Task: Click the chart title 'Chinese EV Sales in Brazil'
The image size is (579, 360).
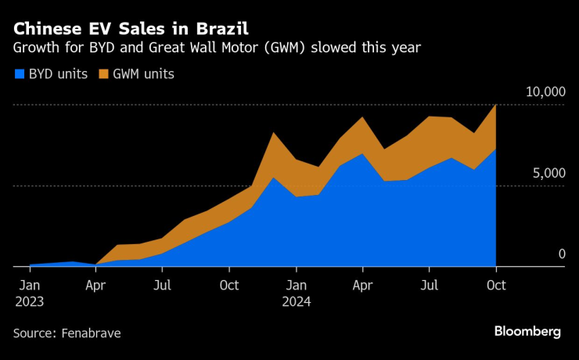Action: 131,29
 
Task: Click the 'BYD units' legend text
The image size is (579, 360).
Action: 58,74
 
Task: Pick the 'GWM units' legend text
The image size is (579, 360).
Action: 142,74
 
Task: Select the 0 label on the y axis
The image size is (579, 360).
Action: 561,254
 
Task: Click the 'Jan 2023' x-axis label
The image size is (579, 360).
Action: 29,293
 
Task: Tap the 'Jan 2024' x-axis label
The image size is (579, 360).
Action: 296,293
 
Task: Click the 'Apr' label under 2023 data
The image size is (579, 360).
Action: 95,285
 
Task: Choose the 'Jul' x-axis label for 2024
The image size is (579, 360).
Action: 429,285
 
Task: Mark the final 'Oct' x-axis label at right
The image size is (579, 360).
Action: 496,285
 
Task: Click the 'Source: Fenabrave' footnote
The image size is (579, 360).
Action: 67,333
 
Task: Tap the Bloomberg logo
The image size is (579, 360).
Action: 527,332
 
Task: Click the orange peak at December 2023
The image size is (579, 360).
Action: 272,134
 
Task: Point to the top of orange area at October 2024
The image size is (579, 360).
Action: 495,106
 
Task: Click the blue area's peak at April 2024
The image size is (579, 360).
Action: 361,154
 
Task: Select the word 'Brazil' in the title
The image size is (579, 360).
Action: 221,29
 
